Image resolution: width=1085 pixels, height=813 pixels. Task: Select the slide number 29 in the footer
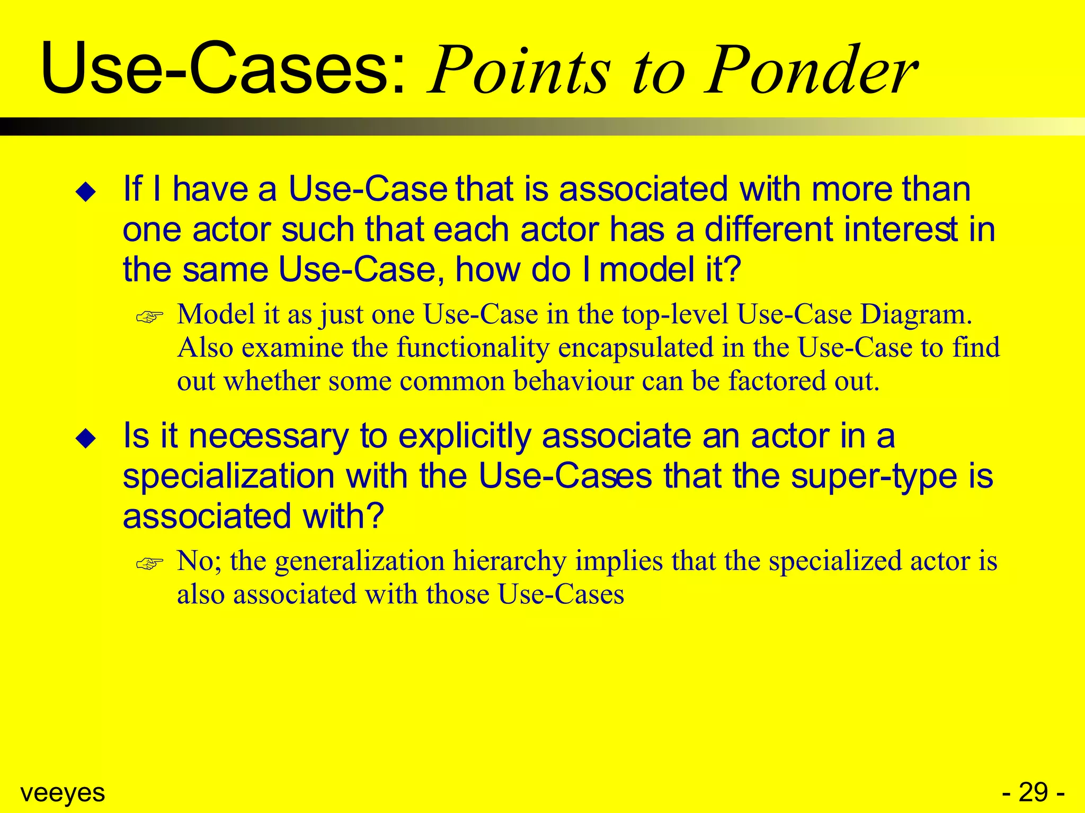point(1033,793)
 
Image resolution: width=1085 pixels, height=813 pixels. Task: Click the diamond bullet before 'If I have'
point(86,192)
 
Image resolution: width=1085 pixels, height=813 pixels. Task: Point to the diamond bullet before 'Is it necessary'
point(86,439)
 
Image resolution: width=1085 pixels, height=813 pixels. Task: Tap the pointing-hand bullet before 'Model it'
point(149,317)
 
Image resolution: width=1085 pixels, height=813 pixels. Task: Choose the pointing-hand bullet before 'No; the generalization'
point(149,564)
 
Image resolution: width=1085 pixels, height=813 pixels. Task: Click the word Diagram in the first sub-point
point(916,314)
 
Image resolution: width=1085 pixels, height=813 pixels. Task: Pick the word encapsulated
point(636,348)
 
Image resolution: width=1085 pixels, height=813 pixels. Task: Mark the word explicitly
point(465,437)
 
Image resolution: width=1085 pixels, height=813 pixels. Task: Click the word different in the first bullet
point(768,230)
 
